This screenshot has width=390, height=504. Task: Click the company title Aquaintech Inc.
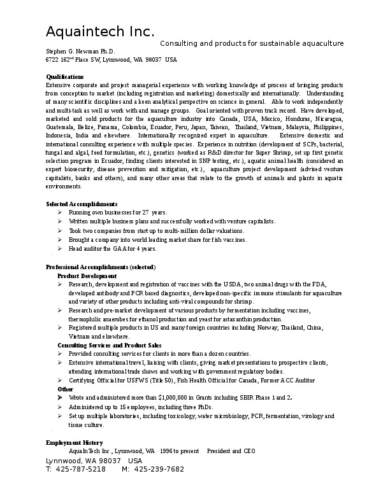pos(100,32)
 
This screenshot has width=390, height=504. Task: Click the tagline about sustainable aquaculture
pos(251,43)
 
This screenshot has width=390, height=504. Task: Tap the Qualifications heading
pos(65,76)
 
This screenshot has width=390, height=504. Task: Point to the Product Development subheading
pos(87,276)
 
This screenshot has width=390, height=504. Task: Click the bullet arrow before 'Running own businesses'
pos(59,212)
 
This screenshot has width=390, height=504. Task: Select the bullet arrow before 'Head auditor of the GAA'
pos(59,248)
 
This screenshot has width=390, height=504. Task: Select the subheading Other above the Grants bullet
pos(65,389)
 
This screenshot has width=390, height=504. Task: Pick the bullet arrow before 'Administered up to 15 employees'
pos(59,407)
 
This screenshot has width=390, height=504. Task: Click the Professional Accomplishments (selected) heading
pos(101,267)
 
